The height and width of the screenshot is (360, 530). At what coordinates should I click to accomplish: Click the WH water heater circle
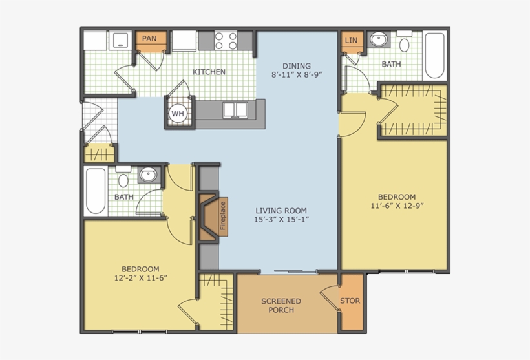pyautogui.click(x=178, y=114)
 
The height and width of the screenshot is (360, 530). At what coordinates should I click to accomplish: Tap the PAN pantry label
pyautogui.click(x=149, y=39)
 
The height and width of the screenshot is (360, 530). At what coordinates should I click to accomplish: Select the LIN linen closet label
pyautogui.click(x=351, y=41)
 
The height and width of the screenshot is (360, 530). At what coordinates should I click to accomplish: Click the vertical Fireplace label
pyautogui.click(x=223, y=217)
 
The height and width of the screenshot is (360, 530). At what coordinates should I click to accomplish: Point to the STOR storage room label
pyautogui.click(x=350, y=301)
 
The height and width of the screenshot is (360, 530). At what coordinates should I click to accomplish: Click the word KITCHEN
pyautogui.click(x=209, y=72)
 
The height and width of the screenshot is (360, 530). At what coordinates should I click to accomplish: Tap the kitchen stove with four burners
pyautogui.click(x=226, y=41)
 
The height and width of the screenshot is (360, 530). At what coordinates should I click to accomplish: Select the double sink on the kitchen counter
pyautogui.click(x=235, y=110)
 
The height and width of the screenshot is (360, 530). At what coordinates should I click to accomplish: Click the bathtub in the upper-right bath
pyautogui.click(x=435, y=56)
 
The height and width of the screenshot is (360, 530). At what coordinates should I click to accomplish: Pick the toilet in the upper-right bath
pyautogui.click(x=404, y=41)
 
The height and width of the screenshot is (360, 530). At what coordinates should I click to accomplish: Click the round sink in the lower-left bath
pyautogui.click(x=149, y=175)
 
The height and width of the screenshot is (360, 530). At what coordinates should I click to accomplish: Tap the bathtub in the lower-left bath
pyautogui.click(x=96, y=191)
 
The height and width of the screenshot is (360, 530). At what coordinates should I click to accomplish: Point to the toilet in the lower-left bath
pyautogui.click(x=123, y=177)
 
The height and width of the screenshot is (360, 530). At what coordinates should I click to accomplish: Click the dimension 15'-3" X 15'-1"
pyautogui.click(x=282, y=220)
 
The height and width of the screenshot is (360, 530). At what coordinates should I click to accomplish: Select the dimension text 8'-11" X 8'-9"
pyautogui.click(x=297, y=75)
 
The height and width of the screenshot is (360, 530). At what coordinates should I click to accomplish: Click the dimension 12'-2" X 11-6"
pyautogui.click(x=141, y=278)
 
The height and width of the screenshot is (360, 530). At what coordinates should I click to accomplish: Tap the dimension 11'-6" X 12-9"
pyautogui.click(x=397, y=206)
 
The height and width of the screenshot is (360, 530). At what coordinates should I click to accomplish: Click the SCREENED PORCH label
pyautogui.click(x=281, y=306)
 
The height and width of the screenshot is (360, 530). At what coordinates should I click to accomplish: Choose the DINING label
pyautogui.click(x=297, y=66)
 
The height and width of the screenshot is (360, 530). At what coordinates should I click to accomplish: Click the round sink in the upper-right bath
pyautogui.click(x=379, y=39)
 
